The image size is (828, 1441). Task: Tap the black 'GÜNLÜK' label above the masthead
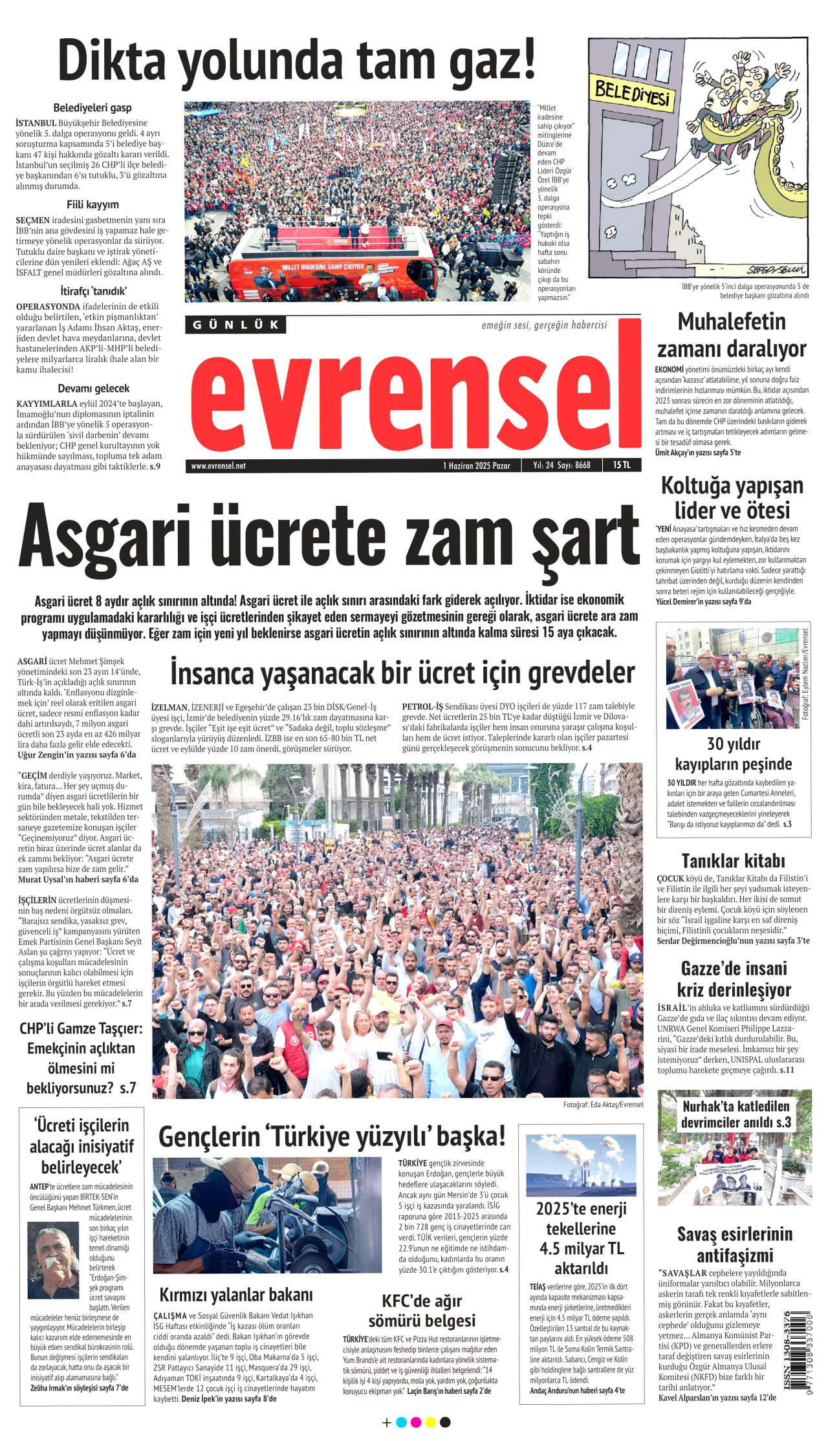[235, 325]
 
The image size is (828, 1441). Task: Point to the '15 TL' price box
[622, 465]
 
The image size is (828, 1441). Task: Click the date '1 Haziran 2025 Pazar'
[477, 466]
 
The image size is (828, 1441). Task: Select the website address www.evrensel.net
[218, 466]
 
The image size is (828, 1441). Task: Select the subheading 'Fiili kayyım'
[93, 204]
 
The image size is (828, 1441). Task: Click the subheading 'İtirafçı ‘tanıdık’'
[93, 291]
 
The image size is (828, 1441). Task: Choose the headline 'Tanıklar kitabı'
[733, 861]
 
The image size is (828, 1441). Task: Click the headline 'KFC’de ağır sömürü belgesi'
[422, 1310]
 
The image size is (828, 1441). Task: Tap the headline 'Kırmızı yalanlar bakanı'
[236, 1295]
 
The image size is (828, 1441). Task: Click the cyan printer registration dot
[401, 1422]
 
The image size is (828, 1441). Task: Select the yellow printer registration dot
[430, 1422]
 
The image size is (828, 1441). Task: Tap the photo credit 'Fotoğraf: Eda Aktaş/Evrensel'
[603, 1105]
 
